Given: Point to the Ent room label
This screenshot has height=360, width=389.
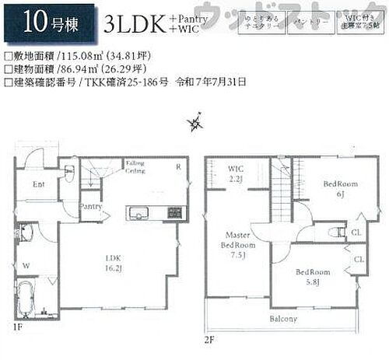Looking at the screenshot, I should click(38, 183).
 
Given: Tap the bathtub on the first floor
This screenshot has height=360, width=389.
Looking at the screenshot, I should click(33, 299).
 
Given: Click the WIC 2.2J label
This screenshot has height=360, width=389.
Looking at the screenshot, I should click(237, 174).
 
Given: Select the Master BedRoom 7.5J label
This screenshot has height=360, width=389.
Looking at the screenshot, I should click(240, 243).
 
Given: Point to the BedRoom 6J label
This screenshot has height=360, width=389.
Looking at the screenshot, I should click(339, 189).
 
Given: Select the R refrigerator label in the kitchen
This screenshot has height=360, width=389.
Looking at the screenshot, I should click(177, 167).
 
